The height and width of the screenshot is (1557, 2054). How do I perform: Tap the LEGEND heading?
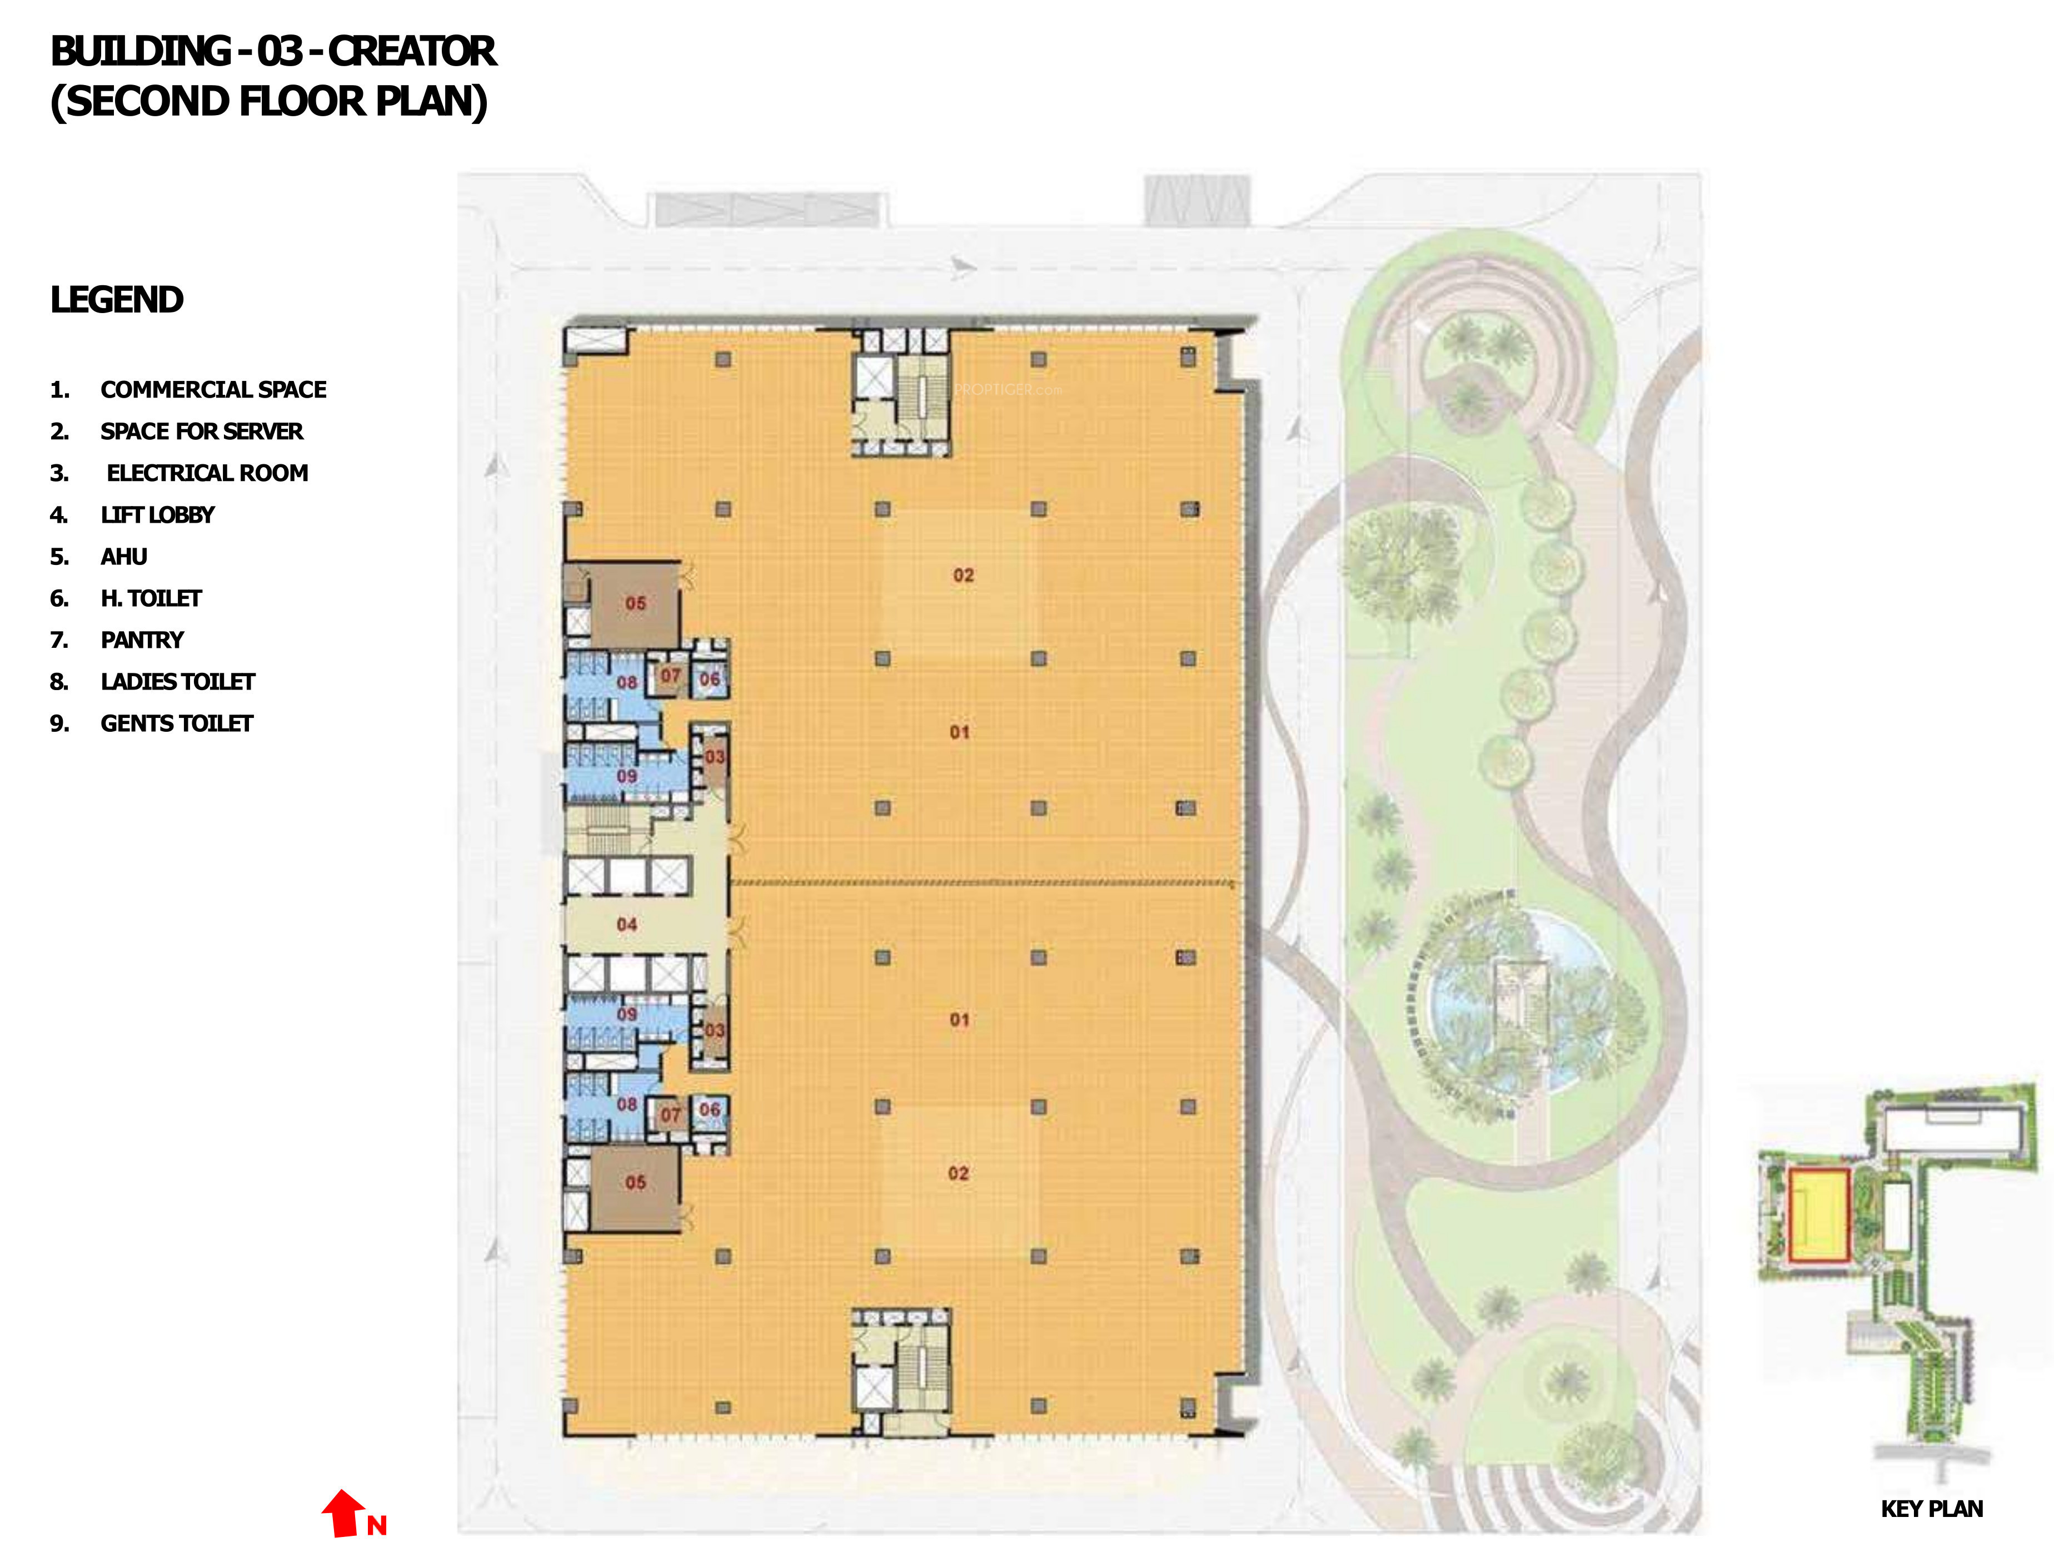(117, 300)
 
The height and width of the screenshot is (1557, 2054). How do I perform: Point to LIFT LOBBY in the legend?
(157, 515)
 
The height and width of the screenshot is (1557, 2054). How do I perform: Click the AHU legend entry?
(123, 557)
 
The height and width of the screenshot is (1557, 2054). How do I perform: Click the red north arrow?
(343, 1513)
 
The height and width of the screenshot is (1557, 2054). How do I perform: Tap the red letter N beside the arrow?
(376, 1525)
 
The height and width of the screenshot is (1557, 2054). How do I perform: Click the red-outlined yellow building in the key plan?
(1819, 1214)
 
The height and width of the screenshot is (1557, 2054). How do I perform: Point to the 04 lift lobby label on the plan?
(627, 924)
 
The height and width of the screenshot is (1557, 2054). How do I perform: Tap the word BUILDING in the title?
(140, 52)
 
